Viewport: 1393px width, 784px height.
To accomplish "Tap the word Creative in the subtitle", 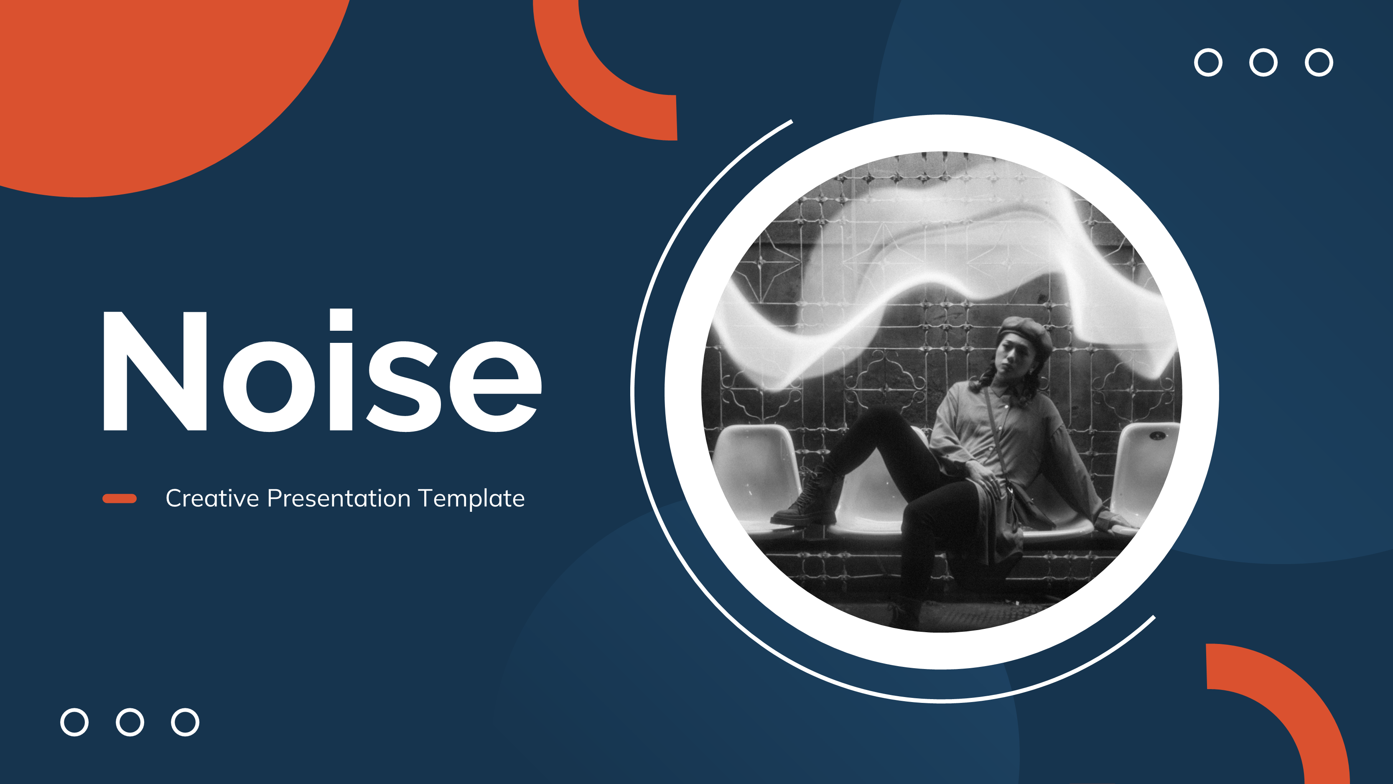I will (212, 498).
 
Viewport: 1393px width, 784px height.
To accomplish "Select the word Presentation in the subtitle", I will (339, 498).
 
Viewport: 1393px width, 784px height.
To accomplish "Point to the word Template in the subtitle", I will (471, 498).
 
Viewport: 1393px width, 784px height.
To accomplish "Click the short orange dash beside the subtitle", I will (120, 498).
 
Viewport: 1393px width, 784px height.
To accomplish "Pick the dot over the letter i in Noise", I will (341, 320).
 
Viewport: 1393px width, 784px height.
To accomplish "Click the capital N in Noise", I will (155, 372).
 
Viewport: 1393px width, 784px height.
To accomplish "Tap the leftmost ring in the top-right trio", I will (1208, 63).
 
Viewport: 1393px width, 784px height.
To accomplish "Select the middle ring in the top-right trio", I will (1263, 63).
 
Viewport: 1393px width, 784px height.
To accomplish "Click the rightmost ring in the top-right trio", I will (1319, 63).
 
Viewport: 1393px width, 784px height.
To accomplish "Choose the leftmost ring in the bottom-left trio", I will (75, 722).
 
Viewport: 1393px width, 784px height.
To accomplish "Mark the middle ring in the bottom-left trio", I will (130, 722).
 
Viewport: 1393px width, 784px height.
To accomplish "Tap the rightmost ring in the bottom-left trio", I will (185, 722).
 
